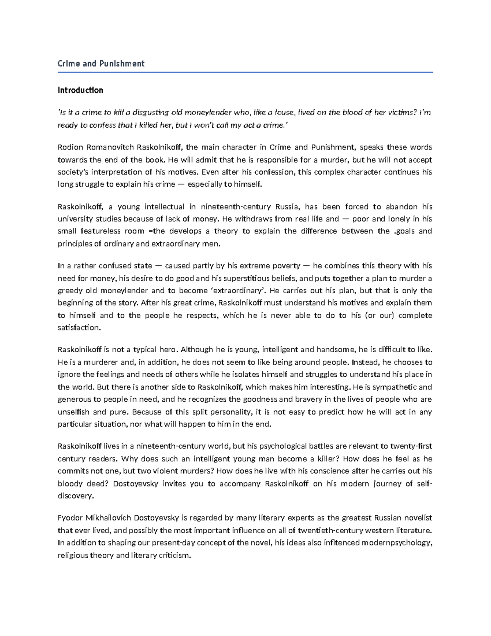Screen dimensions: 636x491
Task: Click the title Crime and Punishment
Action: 101,63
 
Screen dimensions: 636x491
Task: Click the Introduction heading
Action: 80,90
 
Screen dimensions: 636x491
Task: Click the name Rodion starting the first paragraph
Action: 70,147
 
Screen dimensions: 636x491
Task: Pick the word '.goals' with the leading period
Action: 403,231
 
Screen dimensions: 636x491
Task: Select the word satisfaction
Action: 79,328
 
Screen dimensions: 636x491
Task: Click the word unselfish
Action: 73,412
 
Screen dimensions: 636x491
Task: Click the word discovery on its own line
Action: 75,496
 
